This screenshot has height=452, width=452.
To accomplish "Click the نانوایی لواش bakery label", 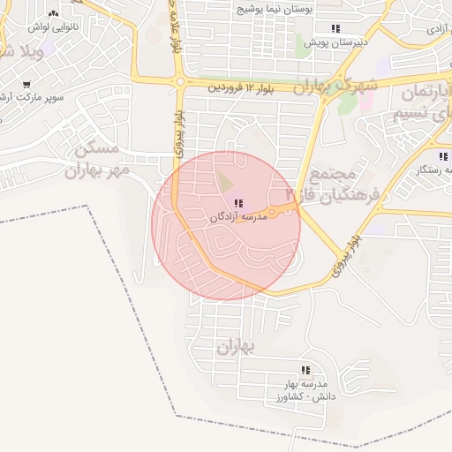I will (x=54, y=27).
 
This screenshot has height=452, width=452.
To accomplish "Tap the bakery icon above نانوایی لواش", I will (x=54, y=14).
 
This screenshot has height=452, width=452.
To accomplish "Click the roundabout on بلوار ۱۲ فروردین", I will (x=180, y=82).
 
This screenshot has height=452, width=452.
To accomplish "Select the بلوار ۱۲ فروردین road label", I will (x=241, y=88).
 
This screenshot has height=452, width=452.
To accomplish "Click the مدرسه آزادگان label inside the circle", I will (x=239, y=216).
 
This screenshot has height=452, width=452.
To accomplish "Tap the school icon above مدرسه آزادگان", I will (x=239, y=204).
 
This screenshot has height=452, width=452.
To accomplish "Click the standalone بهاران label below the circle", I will (x=234, y=346).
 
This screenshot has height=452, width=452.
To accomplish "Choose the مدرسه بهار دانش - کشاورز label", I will (x=304, y=390).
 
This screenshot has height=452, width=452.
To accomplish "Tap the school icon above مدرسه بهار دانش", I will (x=305, y=371).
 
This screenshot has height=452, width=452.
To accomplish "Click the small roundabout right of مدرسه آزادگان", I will (x=272, y=212).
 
